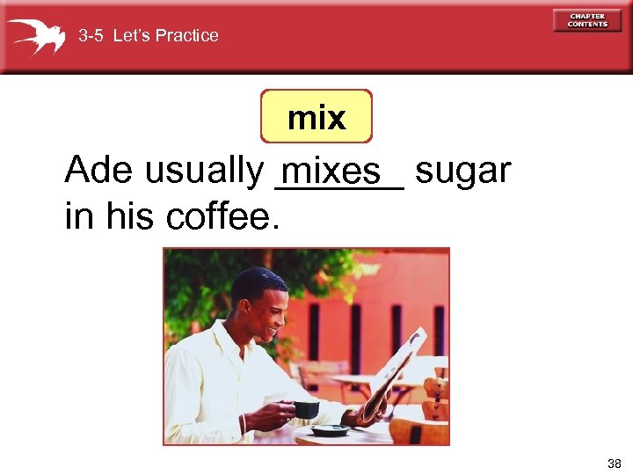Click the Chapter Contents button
[587, 19]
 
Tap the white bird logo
[36, 36]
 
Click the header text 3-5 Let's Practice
[149, 36]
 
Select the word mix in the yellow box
[316, 117]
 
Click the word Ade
[99, 170]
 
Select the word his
[127, 216]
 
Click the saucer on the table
[331, 430]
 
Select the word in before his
[76, 216]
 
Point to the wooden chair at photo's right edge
[434, 405]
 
